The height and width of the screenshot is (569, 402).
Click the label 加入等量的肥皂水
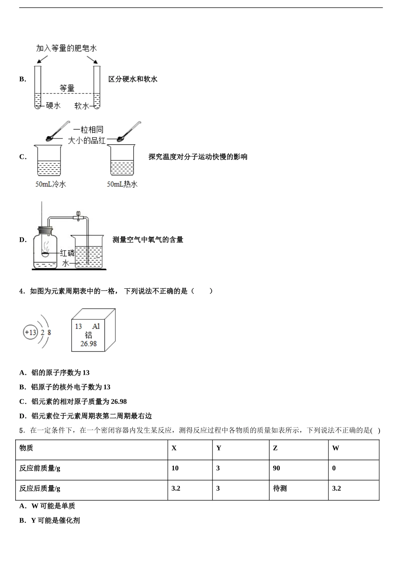[x=66, y=48]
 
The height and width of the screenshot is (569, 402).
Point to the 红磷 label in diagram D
[x=67, y=253]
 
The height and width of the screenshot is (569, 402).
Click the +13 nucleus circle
[x=30, y=332]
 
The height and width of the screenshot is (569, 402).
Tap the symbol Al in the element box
[x=96, y=326]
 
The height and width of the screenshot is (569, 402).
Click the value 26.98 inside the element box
[x=88, y=344]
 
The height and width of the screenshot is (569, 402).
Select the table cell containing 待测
[x=280, y=489]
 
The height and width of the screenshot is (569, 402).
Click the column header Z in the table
[x=275, y=448]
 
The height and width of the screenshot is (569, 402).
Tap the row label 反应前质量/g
[x=40, y=468]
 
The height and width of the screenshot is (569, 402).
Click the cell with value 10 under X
[x=175, y=468]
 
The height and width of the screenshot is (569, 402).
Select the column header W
[x=336, y=448]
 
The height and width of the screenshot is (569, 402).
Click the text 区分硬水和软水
[x=133, y=79]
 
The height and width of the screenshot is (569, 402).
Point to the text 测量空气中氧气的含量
[x=148, y=240]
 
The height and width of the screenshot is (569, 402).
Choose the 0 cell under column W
[x=334, y=468]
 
